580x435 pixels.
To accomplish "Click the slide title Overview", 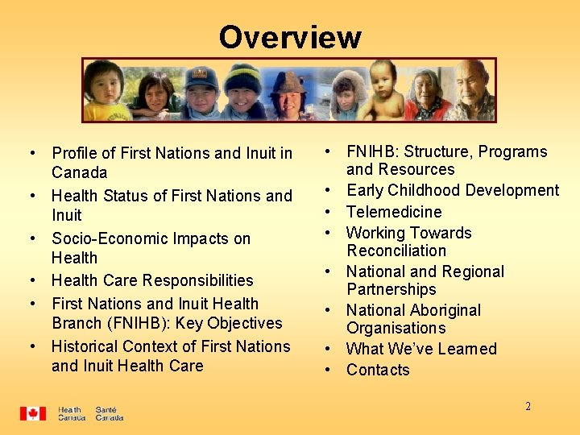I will (x=289, y=37).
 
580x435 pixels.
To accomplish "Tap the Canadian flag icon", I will (x=33, y=413).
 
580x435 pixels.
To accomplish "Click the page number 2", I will (x=528, y=406).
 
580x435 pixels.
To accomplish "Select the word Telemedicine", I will (x=394, y=212).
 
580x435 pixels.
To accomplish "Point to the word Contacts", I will (x=378, y=370).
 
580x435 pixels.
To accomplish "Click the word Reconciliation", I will (x=396, y=251).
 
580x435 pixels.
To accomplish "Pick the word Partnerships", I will (x=391, y=289).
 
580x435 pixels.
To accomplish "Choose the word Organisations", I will (x=396, y=328).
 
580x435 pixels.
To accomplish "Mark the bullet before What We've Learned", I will (x=329, y=349).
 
